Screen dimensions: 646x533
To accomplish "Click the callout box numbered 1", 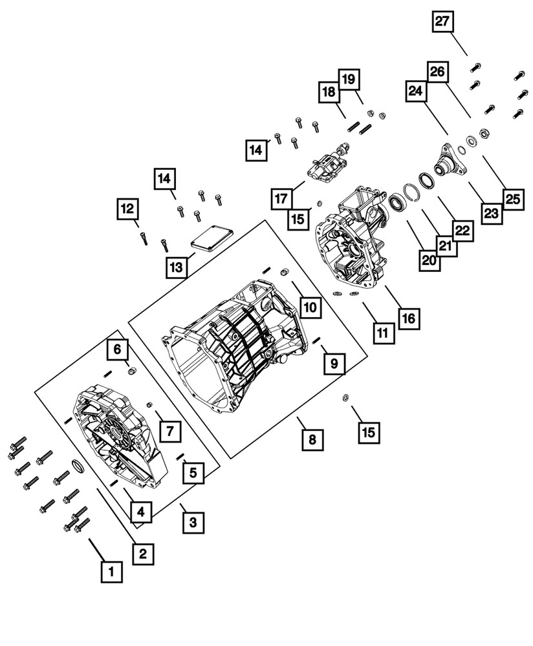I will click(111, 571).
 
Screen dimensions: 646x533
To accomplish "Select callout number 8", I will click(312, 440).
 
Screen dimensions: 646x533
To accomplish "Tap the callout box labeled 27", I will click(442, 21).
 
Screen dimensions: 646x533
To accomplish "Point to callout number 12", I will click(127, 209).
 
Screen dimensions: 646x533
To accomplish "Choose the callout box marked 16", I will click(408, 317).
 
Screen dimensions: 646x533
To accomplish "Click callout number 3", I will click(191, 521).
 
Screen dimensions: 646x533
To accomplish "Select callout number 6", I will click(118, 349).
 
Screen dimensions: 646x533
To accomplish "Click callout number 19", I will click(348, 79).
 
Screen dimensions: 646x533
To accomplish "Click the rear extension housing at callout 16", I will click(353, 242).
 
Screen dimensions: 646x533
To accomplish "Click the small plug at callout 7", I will click(149, 404).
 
